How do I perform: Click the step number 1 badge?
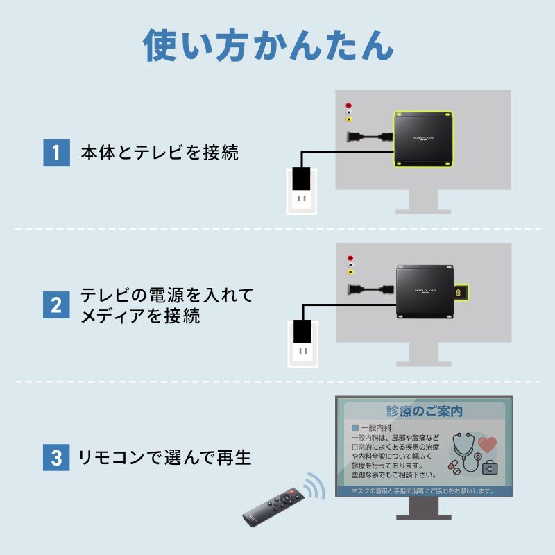pyautogui.click(x=57, y=152)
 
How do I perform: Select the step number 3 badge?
pyautogui.click(x=57, y=457)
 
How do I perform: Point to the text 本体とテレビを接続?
pyautogui.click(x=160, y=153)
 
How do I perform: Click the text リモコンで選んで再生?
pyautogui.click(x=165, y=457)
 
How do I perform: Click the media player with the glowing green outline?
pyautogui.click(x=422, y=139)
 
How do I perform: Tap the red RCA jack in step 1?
pyautogui.click(x=349, y=106)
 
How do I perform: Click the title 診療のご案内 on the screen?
pyautogui.click(x=424, y=411)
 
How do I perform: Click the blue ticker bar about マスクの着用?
pyautogui.click(x=424, y=490)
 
